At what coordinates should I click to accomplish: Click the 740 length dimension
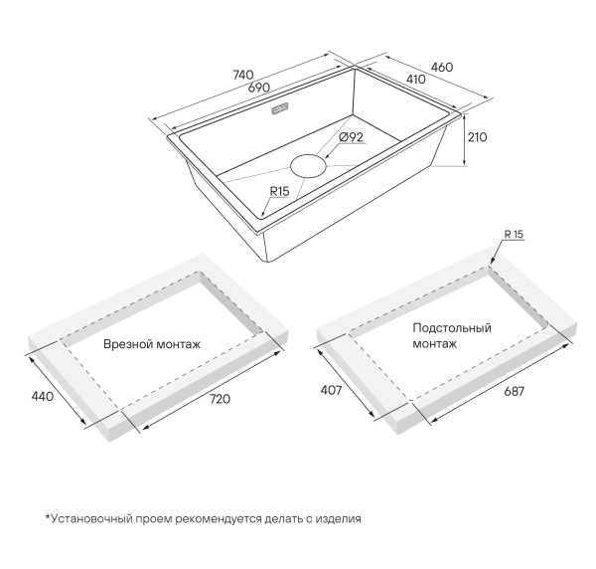coord(243,75)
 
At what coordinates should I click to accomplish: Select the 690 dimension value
coord(259,88)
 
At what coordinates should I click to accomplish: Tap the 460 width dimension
coord(442,67)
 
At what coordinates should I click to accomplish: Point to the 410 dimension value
coord(416,80)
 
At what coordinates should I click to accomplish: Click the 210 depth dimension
coord(477,137)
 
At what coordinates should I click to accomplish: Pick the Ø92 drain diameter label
coord(352,137)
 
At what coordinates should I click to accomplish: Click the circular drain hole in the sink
coord(308,166)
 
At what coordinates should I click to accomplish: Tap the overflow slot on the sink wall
coord(280,108)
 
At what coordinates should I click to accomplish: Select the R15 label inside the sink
coord(279,191)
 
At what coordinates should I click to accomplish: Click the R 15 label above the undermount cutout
coord(514,235)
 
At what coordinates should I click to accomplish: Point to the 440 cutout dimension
coord(42,397)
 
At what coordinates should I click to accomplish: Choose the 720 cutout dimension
coord(221,399)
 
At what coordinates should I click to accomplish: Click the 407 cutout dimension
coord(332,390)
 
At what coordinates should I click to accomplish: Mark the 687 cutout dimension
coord(514,391)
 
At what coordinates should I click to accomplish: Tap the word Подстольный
coord(452,328)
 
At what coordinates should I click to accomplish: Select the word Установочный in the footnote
coord(90,518)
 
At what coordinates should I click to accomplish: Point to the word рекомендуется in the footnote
coord(219,518)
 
